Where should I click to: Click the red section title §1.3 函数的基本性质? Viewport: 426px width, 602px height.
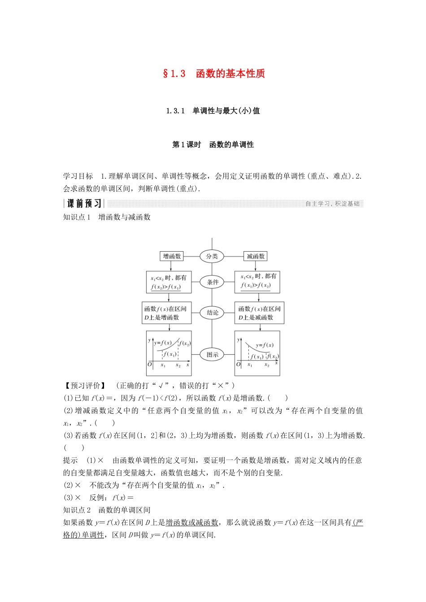[x=214, y=73]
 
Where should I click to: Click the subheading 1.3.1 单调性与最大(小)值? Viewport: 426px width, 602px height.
[x=213, y=111]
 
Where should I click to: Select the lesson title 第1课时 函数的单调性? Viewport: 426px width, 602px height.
[x=213, y=145]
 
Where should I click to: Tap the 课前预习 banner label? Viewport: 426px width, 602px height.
[x=84, y=204]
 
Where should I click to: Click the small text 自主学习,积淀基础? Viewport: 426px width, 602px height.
[x=332, y=204]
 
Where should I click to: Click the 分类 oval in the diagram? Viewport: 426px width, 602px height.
[x=212, y=256]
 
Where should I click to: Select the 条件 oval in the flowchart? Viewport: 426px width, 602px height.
[x=213, y=282]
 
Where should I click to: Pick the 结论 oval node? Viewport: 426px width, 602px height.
[x=213, y=313]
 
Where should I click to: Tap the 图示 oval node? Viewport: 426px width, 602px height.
[x=213, y=355]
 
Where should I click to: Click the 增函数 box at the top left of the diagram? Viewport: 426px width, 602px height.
[x=172, y=256]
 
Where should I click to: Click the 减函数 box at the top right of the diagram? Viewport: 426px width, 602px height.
[x=256, y=256]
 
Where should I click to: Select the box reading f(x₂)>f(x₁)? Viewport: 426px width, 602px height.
[x=169, y=282]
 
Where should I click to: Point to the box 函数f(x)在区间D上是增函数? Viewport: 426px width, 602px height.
[x=167, y=313]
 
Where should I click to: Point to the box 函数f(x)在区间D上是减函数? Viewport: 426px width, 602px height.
[x=259, y=313]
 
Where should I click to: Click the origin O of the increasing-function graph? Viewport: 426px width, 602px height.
[x=150, y=364]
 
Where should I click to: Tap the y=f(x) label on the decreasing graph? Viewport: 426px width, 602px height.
[x=265, y=345]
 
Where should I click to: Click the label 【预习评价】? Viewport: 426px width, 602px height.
[x=85, y=385]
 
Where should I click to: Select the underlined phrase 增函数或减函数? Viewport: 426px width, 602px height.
[x=192, y=522]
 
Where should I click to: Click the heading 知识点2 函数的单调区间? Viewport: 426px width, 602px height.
[x=107, y=510]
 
